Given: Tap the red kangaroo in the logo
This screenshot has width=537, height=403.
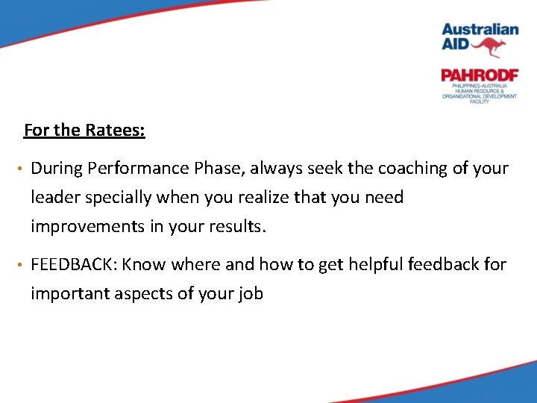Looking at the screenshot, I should click(x=489, y=48).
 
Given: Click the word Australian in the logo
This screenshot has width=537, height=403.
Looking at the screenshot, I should click(x=480, y=29).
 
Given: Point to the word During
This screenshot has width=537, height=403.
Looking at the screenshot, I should click(x=56, y=169).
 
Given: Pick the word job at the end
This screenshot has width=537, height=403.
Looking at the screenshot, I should click(x=251, y=293).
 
